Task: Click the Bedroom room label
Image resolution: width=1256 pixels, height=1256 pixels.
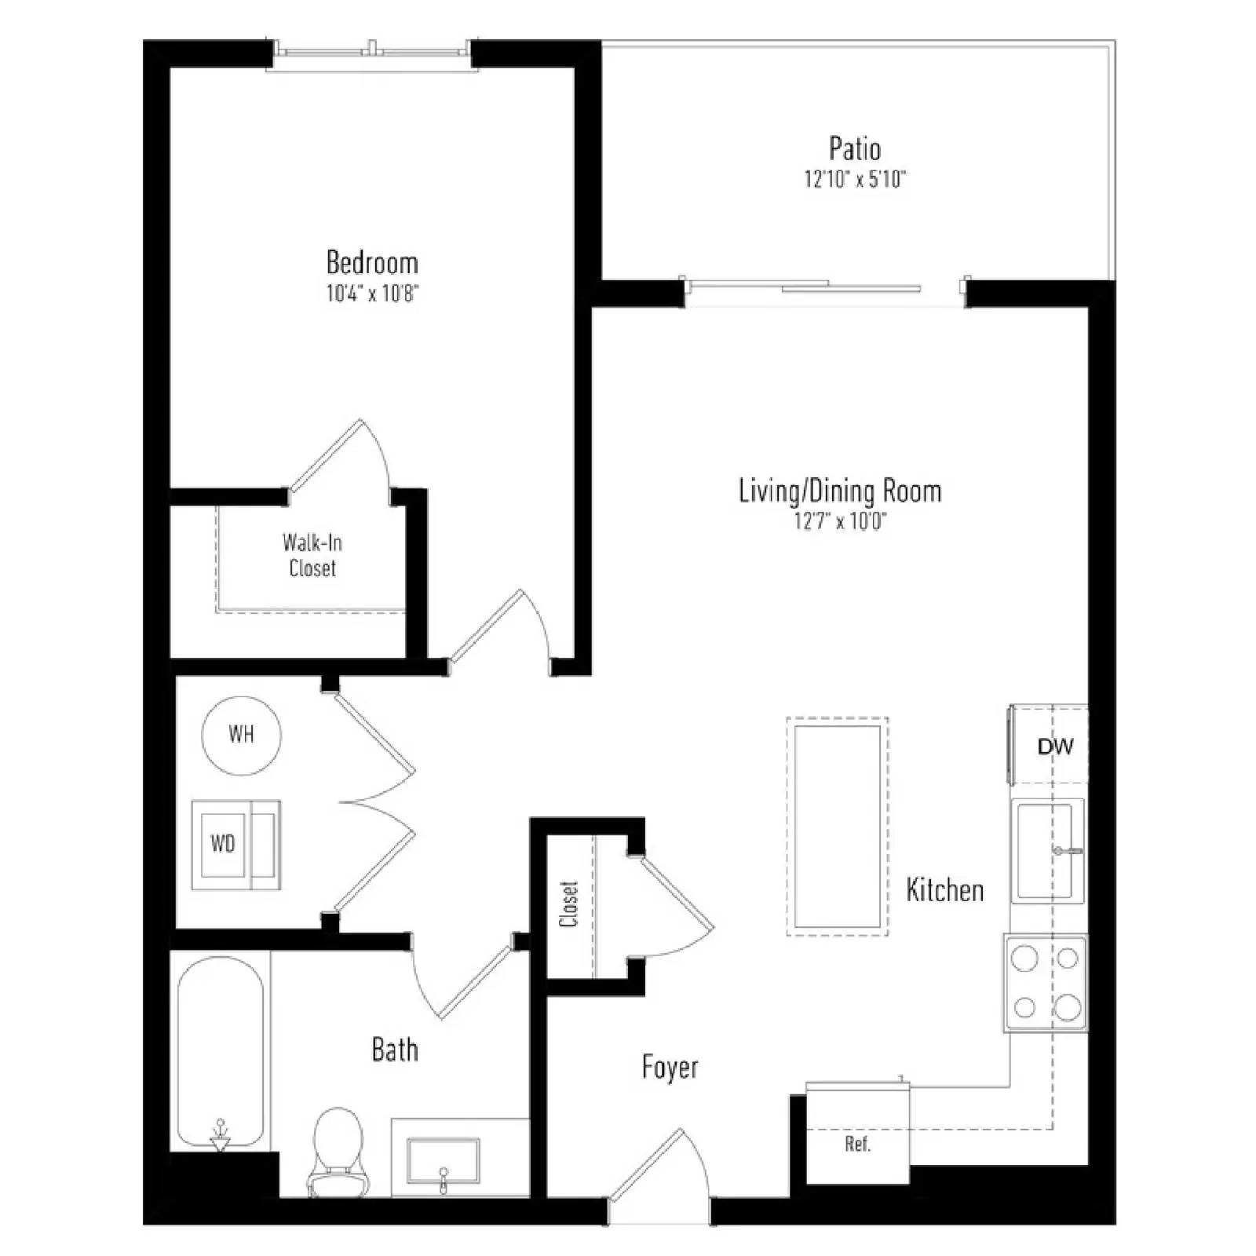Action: (372, 262)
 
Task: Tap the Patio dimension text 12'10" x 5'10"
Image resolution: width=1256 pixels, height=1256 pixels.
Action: (855, 179)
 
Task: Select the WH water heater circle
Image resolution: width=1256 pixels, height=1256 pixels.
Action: (242, 735)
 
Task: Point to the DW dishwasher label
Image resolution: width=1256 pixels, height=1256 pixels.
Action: (1055, 747)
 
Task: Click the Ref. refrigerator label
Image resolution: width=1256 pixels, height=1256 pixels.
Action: (858, 1144)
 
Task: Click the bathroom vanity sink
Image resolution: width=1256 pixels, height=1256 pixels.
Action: (444, 1160)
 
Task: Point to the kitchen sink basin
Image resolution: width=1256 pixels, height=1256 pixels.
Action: (1045, 850)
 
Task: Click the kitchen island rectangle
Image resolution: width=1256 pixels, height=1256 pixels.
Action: (838, 827)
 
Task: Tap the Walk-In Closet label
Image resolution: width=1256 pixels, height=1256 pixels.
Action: (312, 555)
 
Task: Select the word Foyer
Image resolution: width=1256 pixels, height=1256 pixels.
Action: (670, 1068)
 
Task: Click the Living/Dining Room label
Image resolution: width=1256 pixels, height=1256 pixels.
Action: (840, 491)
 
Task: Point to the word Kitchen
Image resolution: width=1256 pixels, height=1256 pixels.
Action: (944, 890)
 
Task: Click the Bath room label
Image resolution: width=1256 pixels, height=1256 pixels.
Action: (395, 1050)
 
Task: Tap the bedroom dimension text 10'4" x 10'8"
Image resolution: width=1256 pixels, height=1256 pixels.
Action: (372, 294)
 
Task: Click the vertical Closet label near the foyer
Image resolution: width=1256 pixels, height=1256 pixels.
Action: (569, 904)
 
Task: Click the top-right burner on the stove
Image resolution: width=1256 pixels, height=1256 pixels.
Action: (1068, 958)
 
